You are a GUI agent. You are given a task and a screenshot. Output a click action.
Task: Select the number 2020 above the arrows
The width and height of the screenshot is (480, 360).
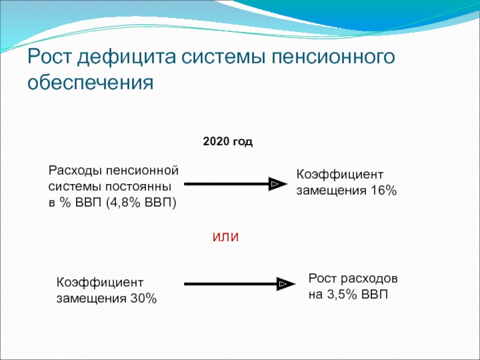[215, 142]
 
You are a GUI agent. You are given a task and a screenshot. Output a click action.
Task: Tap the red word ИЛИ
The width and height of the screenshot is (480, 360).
[226, 237]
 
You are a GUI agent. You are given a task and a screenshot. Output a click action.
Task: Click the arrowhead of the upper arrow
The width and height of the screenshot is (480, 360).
[275, 184]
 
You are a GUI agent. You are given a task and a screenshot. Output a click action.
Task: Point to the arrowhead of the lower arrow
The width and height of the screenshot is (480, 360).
[283, 284]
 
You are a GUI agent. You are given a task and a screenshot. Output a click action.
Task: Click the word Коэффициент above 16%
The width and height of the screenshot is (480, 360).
[340, 175]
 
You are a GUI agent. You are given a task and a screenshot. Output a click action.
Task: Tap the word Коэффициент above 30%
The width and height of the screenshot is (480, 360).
[100, 283]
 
